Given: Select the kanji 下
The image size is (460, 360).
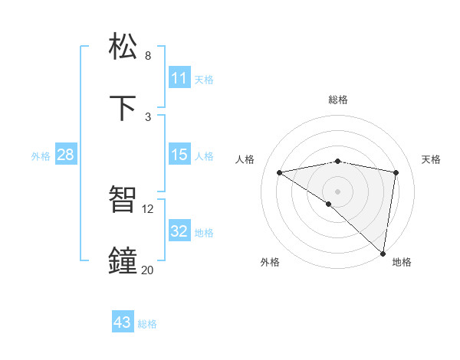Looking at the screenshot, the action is [x=123, y=108].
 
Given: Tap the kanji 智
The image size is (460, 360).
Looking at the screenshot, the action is [x=123, y=200].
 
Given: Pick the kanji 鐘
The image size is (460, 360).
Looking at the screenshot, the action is [x=123, y=260].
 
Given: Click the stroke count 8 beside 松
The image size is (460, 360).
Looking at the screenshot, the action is [x=148, y=55].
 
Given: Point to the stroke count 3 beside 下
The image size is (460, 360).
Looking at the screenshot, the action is [x=148, y=116].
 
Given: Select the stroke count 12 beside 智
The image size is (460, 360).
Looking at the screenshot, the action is [x=148, y=208].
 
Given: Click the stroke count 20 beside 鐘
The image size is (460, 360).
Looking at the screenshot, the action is [x=148, y=270].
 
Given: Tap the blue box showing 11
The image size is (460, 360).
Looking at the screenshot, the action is [x=179, y=78].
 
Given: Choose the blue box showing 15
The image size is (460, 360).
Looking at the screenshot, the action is [x=179, y=155].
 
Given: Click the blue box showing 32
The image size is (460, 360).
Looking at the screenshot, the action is [x=179, y=231].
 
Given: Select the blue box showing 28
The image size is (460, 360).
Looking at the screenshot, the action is [x=65, y=155].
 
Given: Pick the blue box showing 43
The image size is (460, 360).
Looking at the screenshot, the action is [x=122, y=322].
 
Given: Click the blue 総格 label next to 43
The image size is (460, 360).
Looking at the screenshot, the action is [x=147, y=324].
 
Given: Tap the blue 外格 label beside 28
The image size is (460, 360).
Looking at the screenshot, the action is [x=41, y=156].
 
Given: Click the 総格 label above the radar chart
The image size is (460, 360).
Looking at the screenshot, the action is [x=338, y=100].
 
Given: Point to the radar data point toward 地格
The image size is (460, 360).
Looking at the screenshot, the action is [x=383, y=253].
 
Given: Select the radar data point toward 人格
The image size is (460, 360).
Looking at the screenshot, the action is [x=280, y=172].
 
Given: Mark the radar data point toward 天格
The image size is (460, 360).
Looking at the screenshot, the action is [x=396, y=172].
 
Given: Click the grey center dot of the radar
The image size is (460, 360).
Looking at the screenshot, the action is [x=338, y=191].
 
